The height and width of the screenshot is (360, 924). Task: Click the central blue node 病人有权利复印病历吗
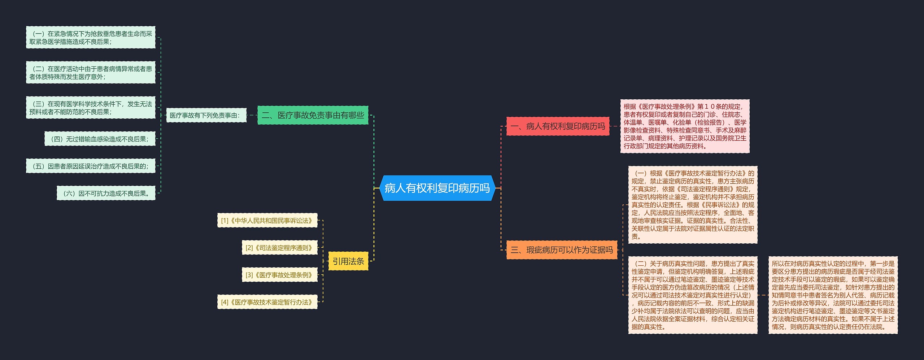pos(437,188)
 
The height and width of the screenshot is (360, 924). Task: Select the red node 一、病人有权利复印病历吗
pos(558,126)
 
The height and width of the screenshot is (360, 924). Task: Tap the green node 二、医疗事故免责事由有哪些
pos(313,115)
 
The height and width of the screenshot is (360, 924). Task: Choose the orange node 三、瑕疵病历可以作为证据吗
pos(562,250)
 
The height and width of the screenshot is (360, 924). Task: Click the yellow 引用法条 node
pos(348,261)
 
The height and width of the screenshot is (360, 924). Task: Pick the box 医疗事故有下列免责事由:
pos(206,116)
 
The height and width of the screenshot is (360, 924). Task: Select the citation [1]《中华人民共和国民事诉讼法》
pos(267,221)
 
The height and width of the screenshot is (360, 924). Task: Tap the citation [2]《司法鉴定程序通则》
pos(279,248)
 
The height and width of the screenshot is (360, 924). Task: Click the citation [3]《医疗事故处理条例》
pos(279,275)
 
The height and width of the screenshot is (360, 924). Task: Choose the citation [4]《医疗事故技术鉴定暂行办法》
pos(267,302)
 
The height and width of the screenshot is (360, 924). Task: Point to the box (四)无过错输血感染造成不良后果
pos(100,139)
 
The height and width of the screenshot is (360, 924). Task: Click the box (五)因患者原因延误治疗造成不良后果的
pos(91,166)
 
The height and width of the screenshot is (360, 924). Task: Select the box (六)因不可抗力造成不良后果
pos(106,194)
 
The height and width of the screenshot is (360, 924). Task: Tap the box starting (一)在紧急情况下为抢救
pos(91,38)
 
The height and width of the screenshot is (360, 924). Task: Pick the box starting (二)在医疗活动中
pos(91,73)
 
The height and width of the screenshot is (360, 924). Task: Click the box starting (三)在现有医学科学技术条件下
pos(91,108)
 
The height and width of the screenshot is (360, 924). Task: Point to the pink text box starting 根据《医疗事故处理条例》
pos(685,126)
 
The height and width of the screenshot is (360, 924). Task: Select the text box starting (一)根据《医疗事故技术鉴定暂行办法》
pos(693,205)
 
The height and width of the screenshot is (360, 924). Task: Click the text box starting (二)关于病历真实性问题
pos(693,295)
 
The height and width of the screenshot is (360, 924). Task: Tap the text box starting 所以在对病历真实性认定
pos(833,295)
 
